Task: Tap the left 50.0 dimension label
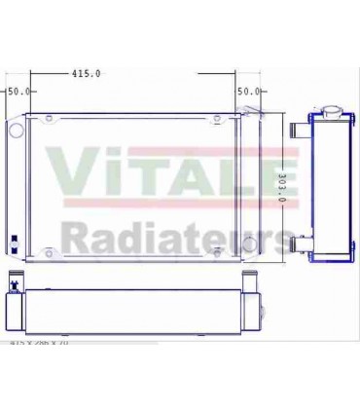pos(18,92)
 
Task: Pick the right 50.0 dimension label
pos(249,92)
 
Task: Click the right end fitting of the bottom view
pos(264,311)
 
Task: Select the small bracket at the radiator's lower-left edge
pos(13,243)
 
